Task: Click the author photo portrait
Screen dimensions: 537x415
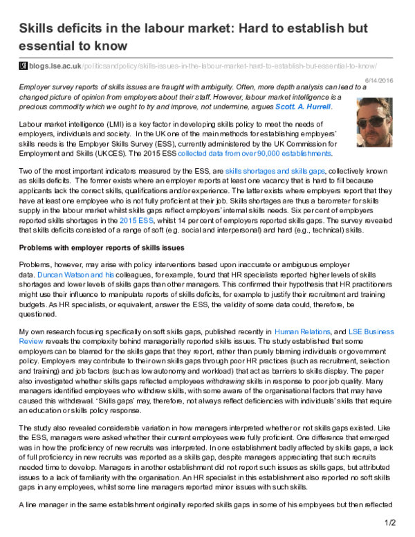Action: pos(376,116)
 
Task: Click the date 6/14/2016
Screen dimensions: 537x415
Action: pos(398,80)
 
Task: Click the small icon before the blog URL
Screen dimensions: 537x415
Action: pos(24,65)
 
